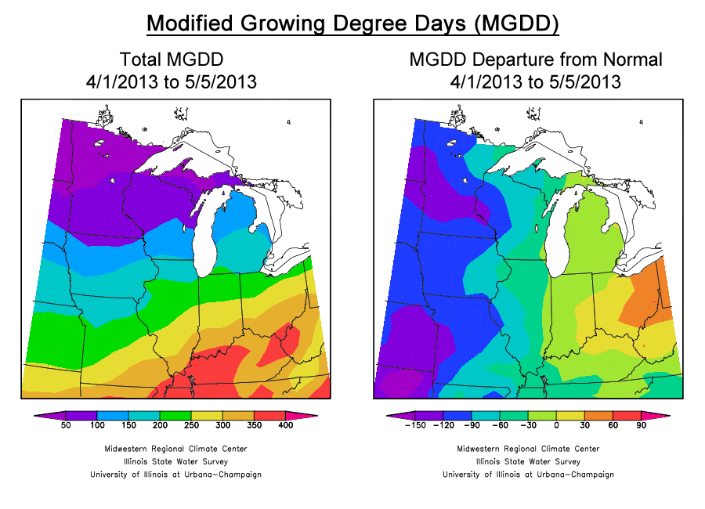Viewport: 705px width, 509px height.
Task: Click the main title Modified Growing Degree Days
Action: [352, 23]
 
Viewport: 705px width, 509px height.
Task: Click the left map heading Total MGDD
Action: [172, 60]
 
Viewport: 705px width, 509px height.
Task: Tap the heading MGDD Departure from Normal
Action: [536, 60]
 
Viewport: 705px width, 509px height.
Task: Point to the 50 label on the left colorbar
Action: [66, 425]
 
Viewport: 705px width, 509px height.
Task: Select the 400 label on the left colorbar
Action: [286, 425]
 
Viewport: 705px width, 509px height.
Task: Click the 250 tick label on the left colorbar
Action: [191, 425]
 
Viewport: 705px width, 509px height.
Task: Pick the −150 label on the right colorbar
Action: [414, 425]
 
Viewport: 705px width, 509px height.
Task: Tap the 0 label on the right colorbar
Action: [557, 425]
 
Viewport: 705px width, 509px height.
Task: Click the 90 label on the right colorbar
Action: [641, 425]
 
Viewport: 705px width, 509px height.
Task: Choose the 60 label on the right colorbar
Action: [613, 425]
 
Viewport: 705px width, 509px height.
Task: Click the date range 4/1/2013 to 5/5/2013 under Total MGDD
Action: [172, 81]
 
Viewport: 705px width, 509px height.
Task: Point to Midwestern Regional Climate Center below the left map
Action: [175, 449]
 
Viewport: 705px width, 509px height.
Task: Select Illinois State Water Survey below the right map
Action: [528, 461]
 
